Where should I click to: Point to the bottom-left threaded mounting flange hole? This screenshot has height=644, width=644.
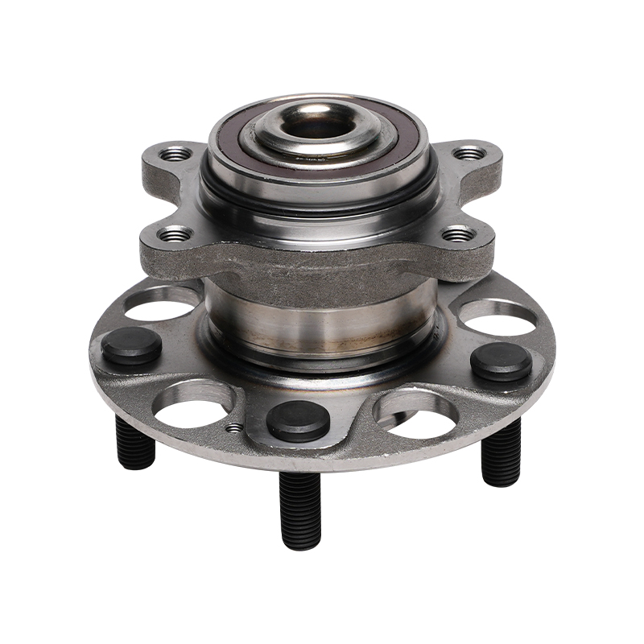click(x=175, y=235)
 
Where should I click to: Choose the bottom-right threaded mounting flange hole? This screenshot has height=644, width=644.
click(x=459, y=235)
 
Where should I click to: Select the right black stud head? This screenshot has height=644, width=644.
click(x=501, y=362)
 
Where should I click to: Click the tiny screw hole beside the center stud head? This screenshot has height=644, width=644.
click(x=233, y=428)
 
